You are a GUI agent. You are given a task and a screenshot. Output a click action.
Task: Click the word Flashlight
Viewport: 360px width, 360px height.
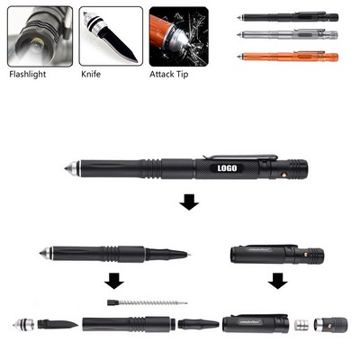click(x=29, y=76)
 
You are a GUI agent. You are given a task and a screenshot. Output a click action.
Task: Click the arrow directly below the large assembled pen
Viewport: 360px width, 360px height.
click(x=187, y=203)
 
